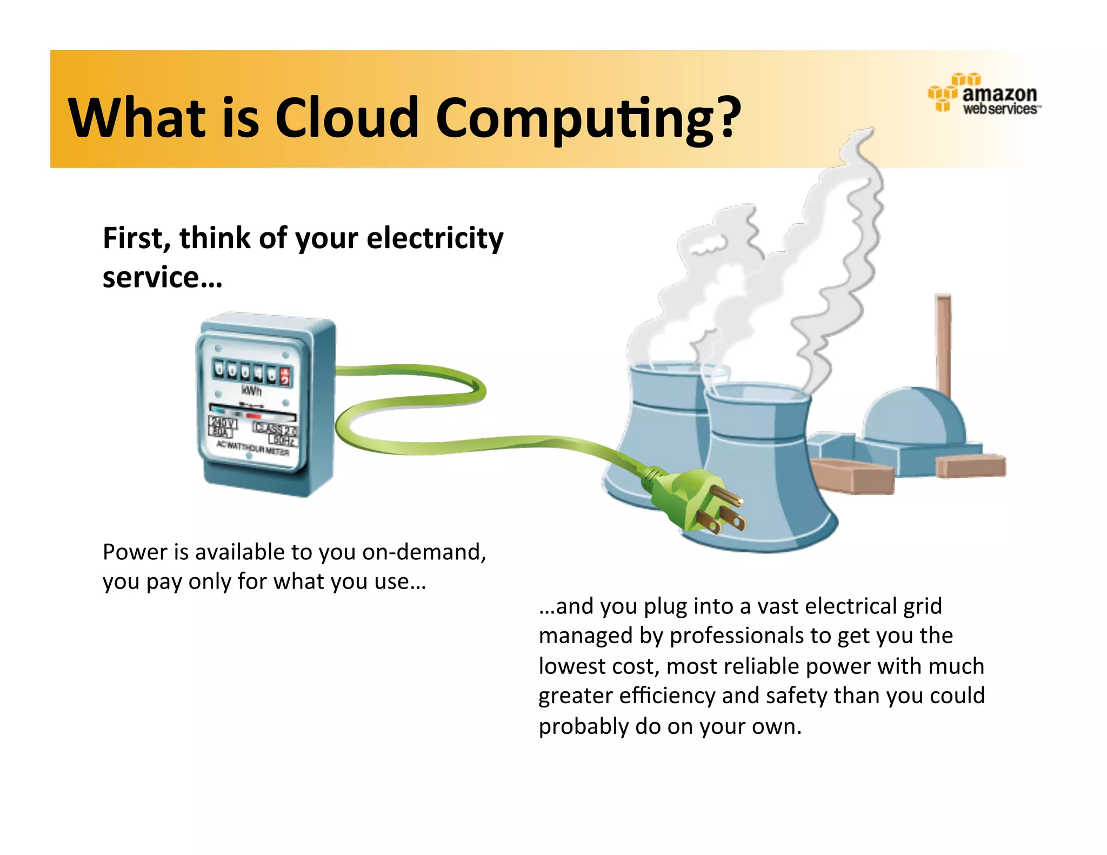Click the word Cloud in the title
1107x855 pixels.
346,118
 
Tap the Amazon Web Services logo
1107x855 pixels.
984,94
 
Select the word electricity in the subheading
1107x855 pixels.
435,238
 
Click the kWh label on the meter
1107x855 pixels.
251,390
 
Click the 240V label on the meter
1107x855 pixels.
223,423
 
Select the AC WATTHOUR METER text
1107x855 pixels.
252,447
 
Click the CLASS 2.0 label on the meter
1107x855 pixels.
275,429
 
